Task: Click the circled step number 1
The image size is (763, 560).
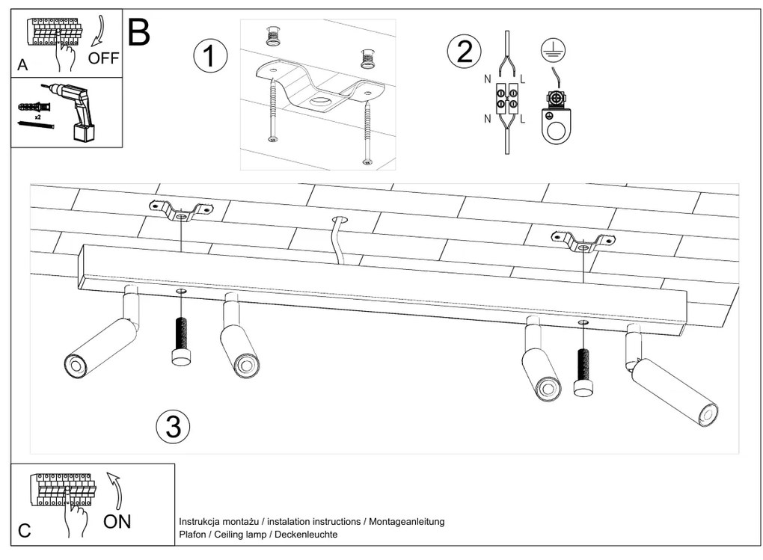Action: pos(210,58)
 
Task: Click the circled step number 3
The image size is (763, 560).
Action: pos(173,426)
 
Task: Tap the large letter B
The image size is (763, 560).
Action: pos(139,32)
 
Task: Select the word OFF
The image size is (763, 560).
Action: pos(103,58)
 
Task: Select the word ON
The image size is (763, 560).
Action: pos(117,522)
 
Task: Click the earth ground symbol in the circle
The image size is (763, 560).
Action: pos(553,50)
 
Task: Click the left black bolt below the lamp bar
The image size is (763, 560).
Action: pos(180,338)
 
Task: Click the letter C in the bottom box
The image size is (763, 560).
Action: pos(24,531)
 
